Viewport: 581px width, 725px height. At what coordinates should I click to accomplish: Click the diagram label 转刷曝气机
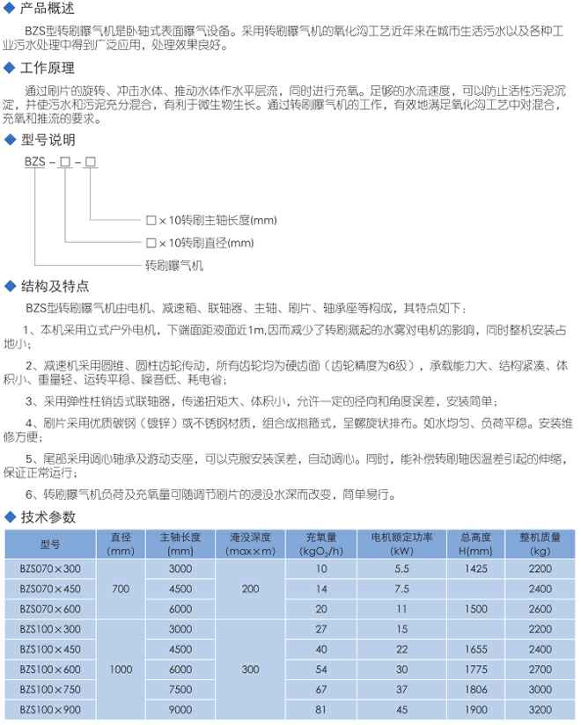(x=174, y=264)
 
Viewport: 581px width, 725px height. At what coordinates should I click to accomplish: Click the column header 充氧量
(x=321, y=536)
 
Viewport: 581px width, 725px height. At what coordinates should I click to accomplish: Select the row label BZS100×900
(x=49, y=709)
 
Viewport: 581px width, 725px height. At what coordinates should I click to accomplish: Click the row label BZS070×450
(x=49, y=589)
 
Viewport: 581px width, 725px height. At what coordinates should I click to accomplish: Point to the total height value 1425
(x=474, y=568)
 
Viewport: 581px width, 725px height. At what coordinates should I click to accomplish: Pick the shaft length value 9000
(x=180, y=709)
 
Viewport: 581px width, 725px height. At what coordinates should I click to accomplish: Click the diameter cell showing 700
(x=120, y=589)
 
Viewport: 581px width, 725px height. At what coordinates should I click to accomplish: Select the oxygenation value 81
(x=321, y=709)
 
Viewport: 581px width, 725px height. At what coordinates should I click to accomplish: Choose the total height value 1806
(x=474, y=689)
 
